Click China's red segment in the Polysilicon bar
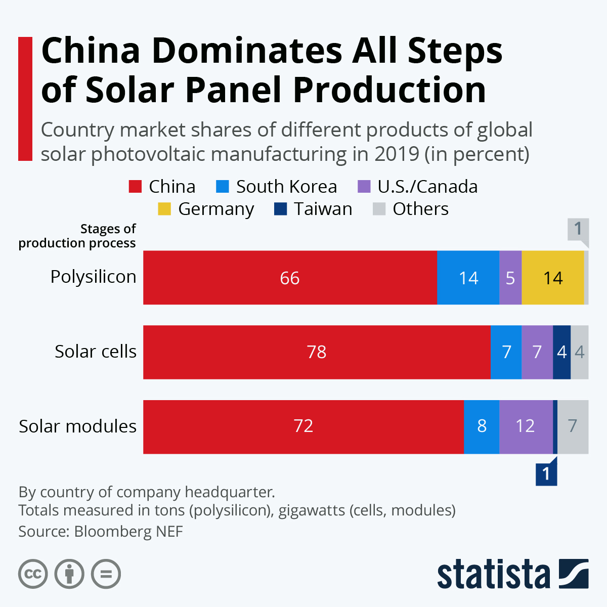click(x=290, y=278)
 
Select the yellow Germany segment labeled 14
click(x=552, y=278)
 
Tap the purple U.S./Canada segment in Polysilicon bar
click(x=510, y=278)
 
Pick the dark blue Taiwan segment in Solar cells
click(x=561, y=352)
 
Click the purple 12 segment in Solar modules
click(x=526, y=426)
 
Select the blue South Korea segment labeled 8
click(x=481, y=426)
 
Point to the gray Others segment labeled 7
click(x=573, y=426)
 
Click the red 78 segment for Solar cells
click(x=317, y=352)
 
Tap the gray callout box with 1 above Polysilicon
click(x=578, y=229)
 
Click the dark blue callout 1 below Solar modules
click(x=546, y=474)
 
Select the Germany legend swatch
click(x=164, y=209)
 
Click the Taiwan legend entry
click(x=323, y=209)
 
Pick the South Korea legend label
click(x=286, y=187)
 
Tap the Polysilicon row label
click(x=94, y=277)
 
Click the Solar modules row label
click(x=78, y=426)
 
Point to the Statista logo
click(x=512, y=574)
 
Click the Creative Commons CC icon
click(x=33, y=574)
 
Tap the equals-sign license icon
click(x=106, y=574)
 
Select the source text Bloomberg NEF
click(x=128, y=532)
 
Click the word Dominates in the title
click(x=246, y=51)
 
